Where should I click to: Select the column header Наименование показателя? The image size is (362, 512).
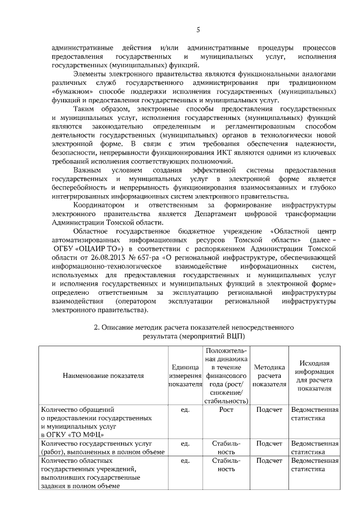103,375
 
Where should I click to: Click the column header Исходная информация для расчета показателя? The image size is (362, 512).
314,375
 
